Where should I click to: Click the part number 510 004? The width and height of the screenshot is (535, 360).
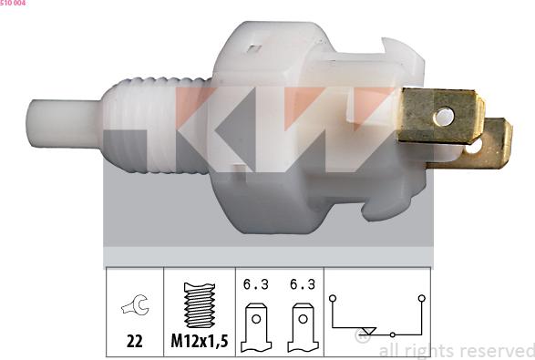[13, 4]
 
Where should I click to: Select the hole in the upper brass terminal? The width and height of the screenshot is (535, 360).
[443, 116]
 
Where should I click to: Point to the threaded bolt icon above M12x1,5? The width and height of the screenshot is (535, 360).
[199, 305]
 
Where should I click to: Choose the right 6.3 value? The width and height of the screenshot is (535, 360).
[303, 284]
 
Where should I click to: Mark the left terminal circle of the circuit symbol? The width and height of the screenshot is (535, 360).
[333, 297]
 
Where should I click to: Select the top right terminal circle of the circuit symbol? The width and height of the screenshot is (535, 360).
[421, 297]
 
